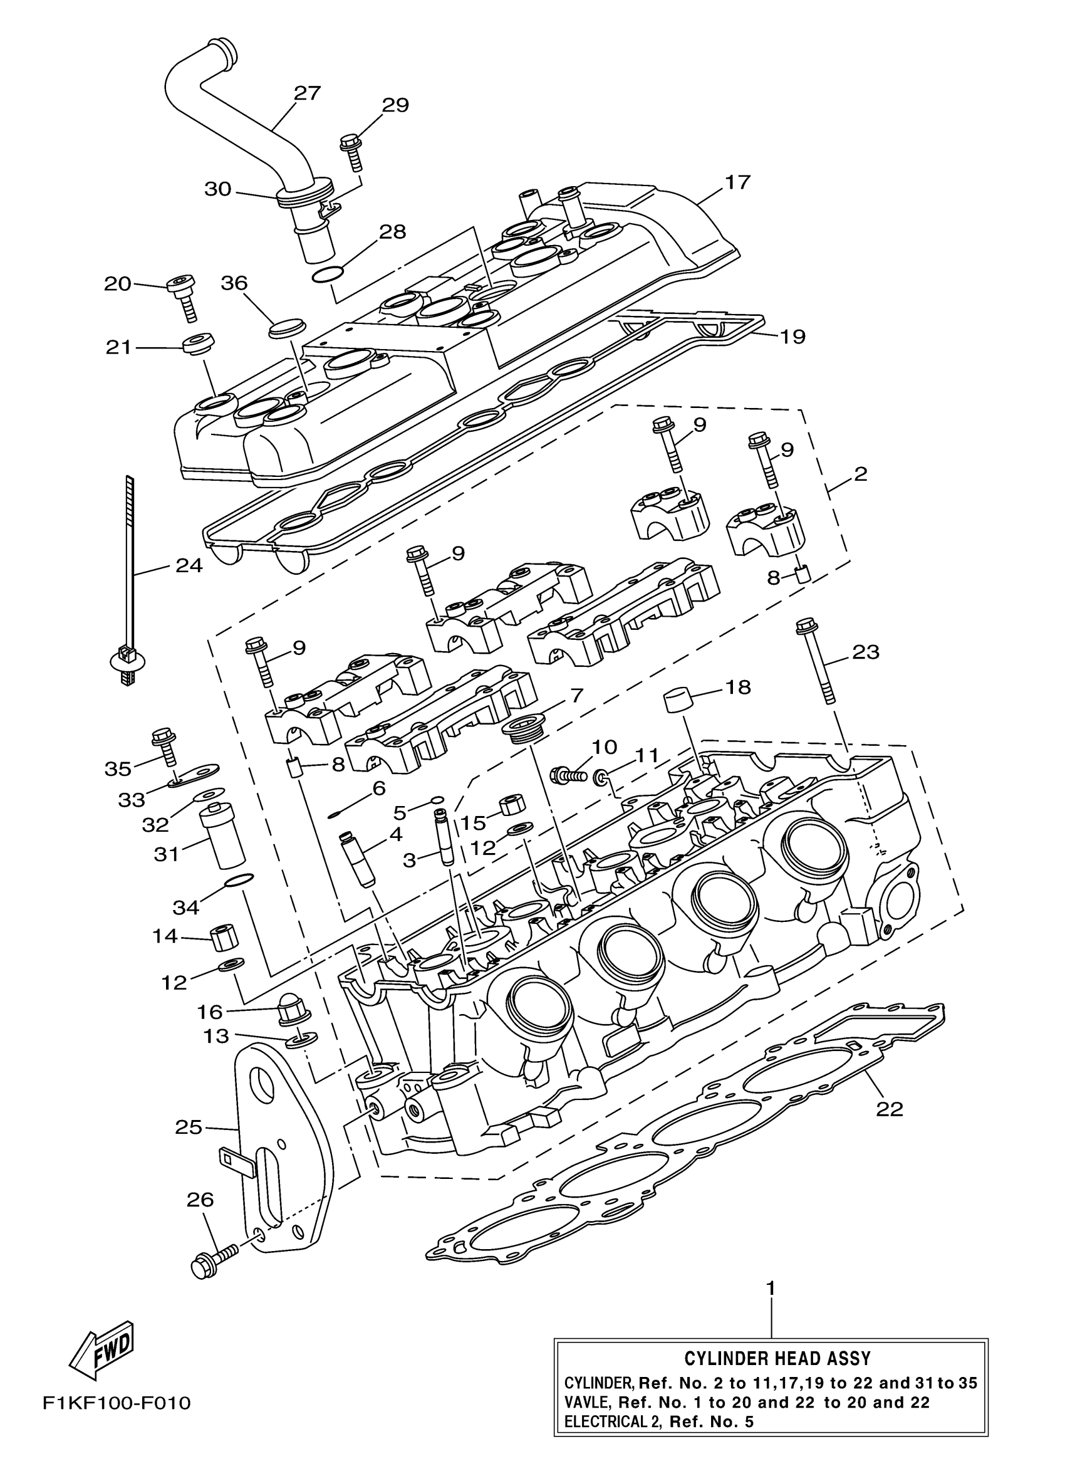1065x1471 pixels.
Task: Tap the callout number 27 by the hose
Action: (306, 93)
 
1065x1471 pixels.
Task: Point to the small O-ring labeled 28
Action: (325, 275)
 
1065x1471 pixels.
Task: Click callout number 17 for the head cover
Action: (737, 182)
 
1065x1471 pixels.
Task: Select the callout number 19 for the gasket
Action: (792, 337)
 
